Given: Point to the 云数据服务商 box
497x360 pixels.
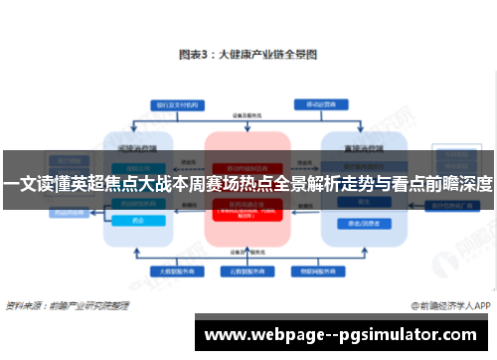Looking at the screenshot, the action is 248,270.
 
